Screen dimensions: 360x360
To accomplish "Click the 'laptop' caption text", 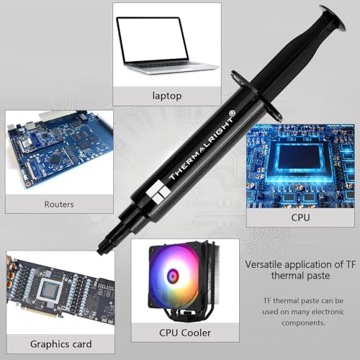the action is pos(167,96).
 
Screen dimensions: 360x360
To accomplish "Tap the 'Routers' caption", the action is pos(59,204).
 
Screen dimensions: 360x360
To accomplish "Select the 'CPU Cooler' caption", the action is pos(185,333).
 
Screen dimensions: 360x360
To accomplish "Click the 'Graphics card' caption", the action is pos(61,344).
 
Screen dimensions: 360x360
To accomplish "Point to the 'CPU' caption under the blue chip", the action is pos(300,217).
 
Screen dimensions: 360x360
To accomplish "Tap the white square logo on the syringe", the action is pos(158,192).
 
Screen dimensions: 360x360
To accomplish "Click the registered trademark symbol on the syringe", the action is pos(232,113).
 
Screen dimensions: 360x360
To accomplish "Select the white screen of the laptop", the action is pos(152,40).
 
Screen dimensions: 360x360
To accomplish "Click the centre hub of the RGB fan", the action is pos(173,275).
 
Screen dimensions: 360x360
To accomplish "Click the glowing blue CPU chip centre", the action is pos(300,157).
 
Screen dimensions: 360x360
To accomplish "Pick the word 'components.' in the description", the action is pos(303,323).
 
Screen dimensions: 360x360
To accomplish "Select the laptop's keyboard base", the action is pos(171,68).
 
